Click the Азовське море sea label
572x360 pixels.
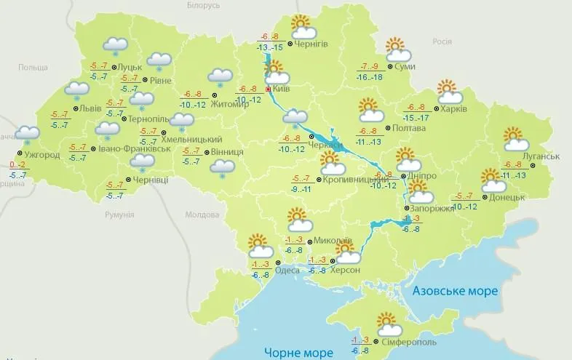click(455, 291)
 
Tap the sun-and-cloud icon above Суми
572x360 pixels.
click(397, 49)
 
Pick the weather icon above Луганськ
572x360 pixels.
click(515, 138)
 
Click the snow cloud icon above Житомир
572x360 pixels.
click(219, 76)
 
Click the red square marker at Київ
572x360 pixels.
click(269, 89)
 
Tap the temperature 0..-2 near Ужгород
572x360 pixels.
click(17, 164)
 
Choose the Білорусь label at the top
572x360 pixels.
click(202, 6)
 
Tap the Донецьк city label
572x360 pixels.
click(507, 197)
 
